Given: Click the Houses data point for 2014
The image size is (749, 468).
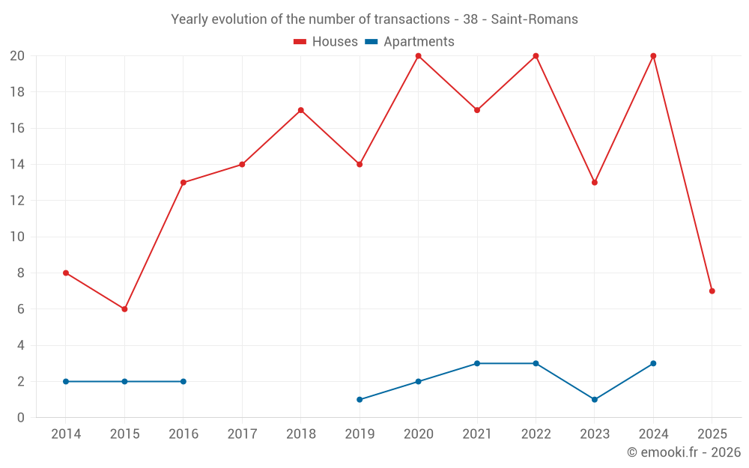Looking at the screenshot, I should [66, 273].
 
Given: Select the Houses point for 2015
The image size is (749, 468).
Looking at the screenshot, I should [124, 309].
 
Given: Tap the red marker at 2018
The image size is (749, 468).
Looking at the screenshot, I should [300, 110].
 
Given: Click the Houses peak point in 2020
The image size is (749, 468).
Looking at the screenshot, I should [418, 56].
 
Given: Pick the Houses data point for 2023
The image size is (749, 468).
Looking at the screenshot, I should [595, 183].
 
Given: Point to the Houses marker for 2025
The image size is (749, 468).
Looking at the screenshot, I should [712, 291].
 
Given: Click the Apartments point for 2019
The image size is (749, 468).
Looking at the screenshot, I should [360, 400].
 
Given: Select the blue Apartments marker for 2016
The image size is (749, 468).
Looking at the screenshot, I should [184, 381].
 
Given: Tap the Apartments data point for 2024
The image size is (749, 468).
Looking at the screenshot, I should [653, 363].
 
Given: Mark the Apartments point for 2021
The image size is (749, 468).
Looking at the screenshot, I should [477, 363].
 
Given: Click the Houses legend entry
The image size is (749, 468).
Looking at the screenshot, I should [326, 42].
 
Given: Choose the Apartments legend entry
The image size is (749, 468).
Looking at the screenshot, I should [410, 42].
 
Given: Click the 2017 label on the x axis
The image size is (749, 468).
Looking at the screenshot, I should [242, 434].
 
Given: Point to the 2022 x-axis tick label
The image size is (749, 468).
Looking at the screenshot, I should [536, 434].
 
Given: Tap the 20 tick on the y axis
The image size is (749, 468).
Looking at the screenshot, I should [17, 56].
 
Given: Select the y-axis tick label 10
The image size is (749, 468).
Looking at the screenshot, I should [17, 237].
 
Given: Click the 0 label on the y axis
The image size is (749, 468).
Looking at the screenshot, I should [21, 418].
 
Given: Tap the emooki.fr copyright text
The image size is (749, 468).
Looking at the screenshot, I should [683, 452].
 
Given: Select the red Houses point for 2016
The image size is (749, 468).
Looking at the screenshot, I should [184, 183].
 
